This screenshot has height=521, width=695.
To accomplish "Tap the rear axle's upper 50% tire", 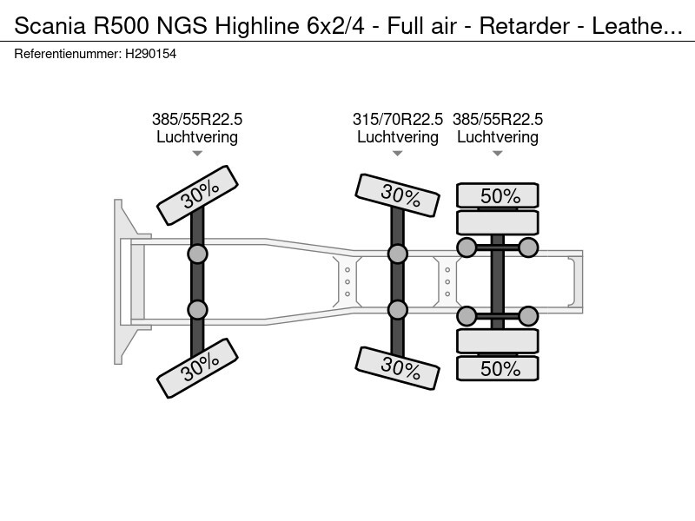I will point(498,195).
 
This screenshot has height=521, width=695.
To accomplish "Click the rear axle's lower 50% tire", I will point(498,368).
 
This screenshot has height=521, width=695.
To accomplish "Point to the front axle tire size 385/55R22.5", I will point(197,120).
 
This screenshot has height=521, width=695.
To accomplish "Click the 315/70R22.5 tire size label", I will point(398,120).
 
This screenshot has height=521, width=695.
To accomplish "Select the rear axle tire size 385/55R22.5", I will point(498,120).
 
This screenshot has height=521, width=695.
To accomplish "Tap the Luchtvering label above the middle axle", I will point(398,137).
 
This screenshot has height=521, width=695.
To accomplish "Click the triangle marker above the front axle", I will point(197,154).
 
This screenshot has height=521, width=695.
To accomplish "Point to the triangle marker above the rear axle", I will point(498,154).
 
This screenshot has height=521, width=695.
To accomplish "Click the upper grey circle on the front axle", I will point(197,254).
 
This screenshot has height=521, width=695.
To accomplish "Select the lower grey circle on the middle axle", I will point(398,310).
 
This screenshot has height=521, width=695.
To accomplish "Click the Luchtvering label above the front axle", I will point(197,137).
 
